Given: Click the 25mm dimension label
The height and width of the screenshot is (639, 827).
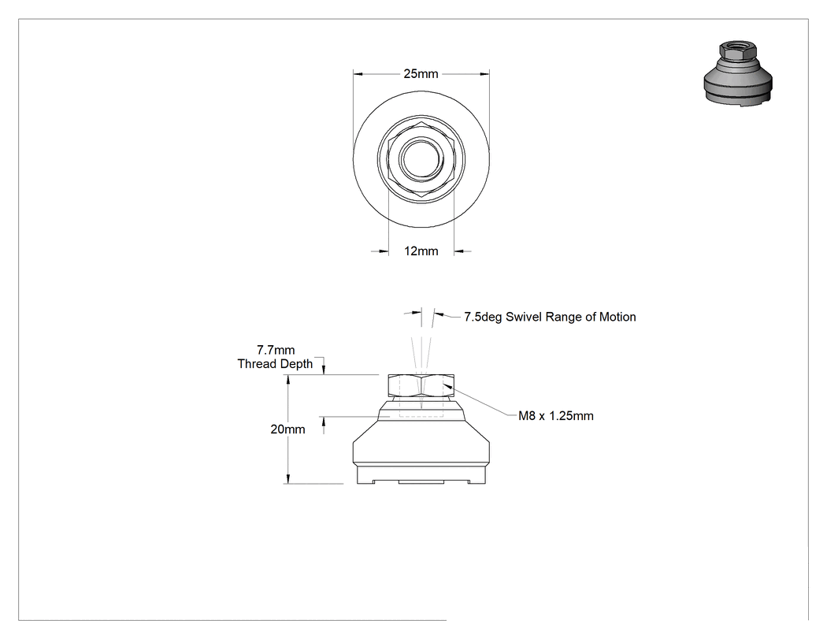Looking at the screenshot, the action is click(421, 74).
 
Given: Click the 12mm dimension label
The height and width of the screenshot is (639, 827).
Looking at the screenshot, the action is click(421, 251).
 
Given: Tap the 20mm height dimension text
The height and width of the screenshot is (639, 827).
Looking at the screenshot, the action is click(287, 429).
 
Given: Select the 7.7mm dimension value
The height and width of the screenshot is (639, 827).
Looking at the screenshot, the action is click(276, 350).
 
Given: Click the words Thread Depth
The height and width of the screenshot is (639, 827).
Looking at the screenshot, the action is click(275, 363).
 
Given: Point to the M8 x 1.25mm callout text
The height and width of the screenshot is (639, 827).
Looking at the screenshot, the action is click(556, 416).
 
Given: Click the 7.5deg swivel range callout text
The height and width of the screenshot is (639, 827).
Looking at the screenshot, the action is click(550, 317).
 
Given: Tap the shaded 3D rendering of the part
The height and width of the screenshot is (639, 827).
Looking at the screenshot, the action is click(738, 74).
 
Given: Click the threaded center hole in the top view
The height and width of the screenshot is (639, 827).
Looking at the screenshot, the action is click(421, 158).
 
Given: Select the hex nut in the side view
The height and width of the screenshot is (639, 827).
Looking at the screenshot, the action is click(421, 385).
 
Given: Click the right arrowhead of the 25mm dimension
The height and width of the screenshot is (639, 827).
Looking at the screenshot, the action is click(484, 74).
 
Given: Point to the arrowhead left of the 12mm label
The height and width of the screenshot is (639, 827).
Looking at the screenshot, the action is click(383, 251).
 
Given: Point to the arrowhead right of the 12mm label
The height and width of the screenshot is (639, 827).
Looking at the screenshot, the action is click(459, 251).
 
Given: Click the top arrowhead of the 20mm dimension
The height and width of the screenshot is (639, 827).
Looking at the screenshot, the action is click(288, 380).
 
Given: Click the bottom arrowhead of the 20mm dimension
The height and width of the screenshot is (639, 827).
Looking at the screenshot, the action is click(288, 478).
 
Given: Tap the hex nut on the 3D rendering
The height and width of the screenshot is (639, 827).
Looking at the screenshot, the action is click(738, 50).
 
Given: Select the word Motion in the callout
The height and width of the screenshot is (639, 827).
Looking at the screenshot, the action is click(617, 317).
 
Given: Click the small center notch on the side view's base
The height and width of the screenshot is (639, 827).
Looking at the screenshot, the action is click(421, 481).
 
